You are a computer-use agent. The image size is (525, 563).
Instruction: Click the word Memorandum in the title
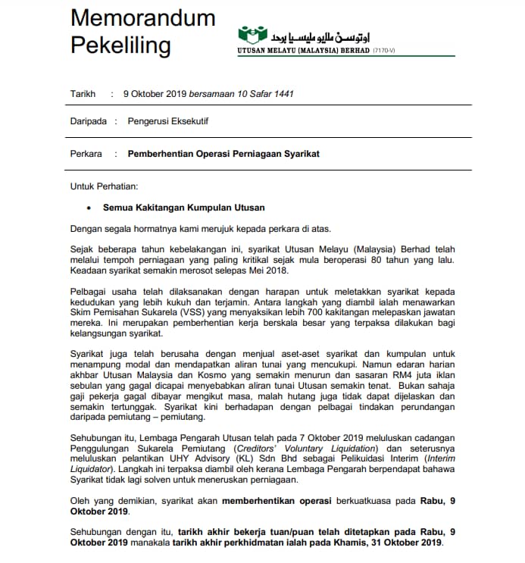[x=143, y=18]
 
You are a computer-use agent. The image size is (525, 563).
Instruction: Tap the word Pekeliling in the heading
[x=120, y=45]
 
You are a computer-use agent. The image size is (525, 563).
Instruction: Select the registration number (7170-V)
[x=385, y=50]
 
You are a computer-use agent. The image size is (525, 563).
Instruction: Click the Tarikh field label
[x=83, y=94]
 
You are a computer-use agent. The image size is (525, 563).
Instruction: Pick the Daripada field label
[x=89, y=120]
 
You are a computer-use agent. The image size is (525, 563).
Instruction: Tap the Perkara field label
[x=86, y=154]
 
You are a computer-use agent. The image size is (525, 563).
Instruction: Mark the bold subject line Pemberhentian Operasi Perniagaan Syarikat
[x=223, y=154]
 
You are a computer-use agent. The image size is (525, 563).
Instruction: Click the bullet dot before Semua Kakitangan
[x=89, y=208]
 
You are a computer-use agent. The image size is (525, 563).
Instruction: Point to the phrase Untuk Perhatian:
[x=105, y=186]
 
